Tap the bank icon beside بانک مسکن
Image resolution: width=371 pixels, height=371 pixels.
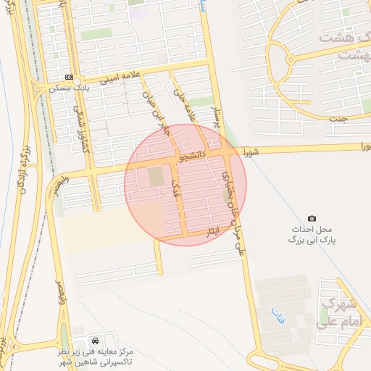(x=69, y=77)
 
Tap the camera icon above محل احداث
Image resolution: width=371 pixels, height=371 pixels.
(x=312, y=218)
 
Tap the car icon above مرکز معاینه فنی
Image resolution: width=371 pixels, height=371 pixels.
(x=96, y=340)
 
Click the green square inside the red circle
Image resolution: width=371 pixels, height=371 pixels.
(x=156, y=176)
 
